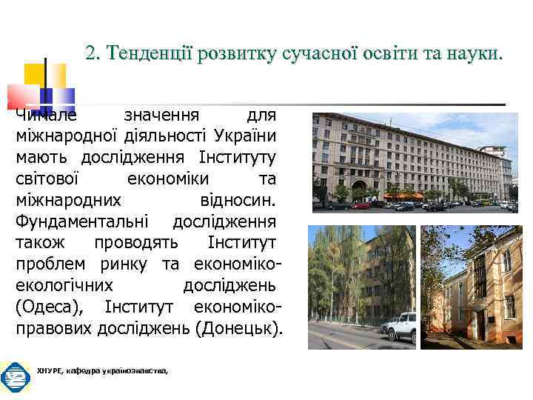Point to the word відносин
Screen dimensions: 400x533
[x=238, y=200]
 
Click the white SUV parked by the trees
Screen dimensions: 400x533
[x=400, y=327]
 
